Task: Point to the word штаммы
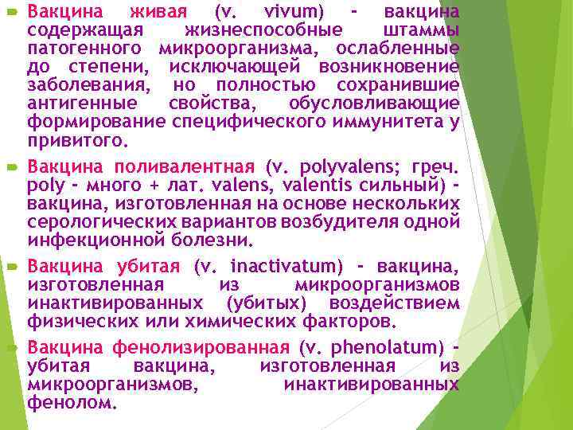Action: (x=419, y=30)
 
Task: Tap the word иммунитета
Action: (x=382, y=122)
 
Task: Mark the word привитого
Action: (x=76, y=140)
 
